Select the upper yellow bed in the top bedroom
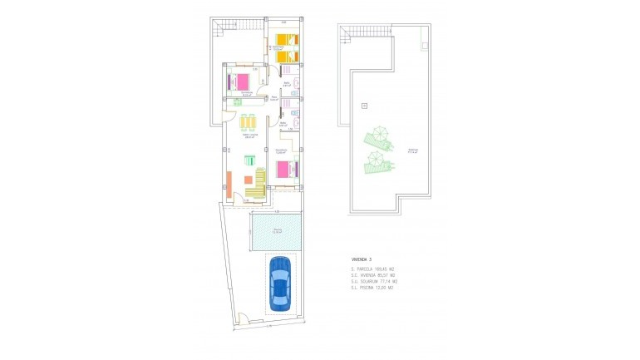(287, 40)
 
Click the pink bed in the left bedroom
(240, 81)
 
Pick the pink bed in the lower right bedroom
(286, 170)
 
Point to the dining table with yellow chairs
(249, 124)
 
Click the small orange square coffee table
(248, 180)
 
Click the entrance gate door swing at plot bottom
(241, 318)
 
